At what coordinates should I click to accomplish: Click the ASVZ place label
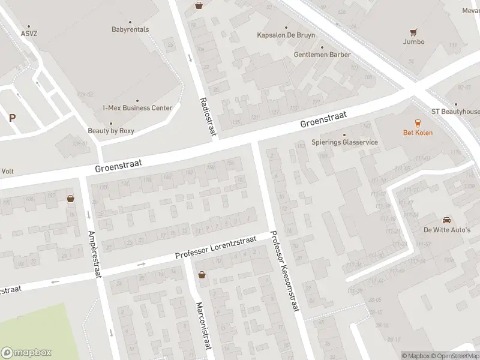click(x=28, y=34)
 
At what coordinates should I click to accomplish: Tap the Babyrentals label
click(x=130, y=29)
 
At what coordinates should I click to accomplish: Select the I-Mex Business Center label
click(x=137, y=108)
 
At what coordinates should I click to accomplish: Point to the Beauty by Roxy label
click(x=111, y=131)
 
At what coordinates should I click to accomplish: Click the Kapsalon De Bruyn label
click(x=286, y=35)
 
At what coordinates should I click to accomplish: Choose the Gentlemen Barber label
click(x=322, y=55)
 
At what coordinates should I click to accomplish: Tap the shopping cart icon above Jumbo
click(x=413, y=32)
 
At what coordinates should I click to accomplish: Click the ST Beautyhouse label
click(x=455, y=112)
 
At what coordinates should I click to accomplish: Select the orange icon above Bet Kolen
click(x=417, y=122)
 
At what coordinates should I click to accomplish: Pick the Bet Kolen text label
click(x=417, y=133)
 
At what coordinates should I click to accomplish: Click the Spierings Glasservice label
click(x=344, y=142)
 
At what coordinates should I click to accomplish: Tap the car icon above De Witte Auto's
click(x=446, y=220)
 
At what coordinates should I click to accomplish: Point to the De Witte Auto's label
click(x=447, y=230)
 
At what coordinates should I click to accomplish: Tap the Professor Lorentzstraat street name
click(x=216, y=247)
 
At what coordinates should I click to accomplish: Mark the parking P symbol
click(x=11, y=118)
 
